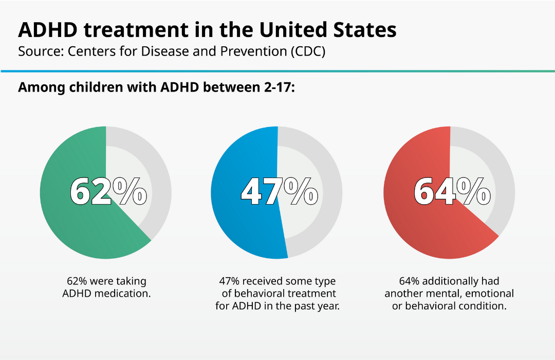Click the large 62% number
[108, 192]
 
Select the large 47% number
[279, 192]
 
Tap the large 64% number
[452, 192]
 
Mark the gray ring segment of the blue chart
[333, 195]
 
